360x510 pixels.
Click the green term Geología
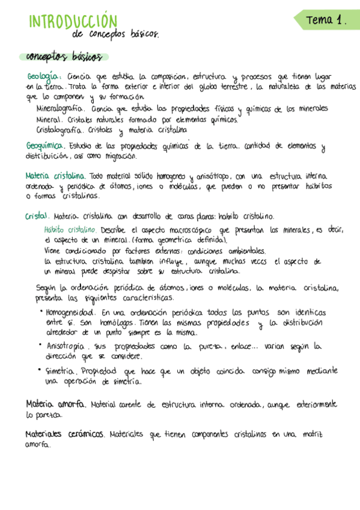[x=44, y=77]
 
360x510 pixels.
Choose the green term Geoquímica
[x=46, y=146]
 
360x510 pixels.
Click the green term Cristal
[x=37, y=216]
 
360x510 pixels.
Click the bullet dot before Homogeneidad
[x=40, y=312]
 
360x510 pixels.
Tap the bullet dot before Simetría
[x=40, y=370]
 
